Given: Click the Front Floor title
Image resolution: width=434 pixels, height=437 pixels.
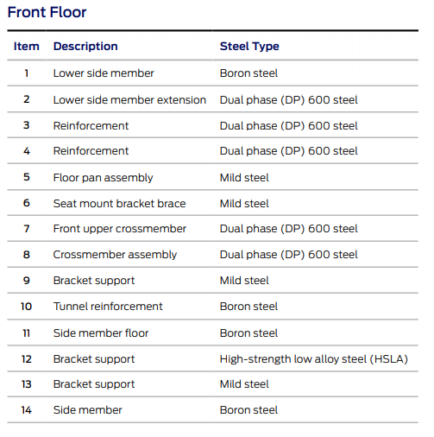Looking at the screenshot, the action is (47, 12).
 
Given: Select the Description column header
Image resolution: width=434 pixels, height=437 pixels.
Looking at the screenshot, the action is (85, 47).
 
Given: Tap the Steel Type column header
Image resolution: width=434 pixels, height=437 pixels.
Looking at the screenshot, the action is (249, 47).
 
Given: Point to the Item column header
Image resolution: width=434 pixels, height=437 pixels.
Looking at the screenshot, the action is (27, 47).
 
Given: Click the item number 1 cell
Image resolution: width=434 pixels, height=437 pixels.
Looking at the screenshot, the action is (27, 73).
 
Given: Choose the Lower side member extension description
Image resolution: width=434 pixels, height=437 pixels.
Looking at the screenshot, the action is (129, 100).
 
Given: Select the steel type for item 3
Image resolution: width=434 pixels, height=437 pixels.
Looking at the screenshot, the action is (288, 126).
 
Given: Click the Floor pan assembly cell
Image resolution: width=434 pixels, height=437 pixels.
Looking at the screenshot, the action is (103, 178).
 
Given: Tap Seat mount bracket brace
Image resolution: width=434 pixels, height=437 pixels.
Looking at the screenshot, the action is (119, 204).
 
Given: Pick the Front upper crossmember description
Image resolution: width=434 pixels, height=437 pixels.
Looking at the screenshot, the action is (120, 229).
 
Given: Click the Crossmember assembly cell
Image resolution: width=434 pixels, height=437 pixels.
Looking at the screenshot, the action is (115, 255).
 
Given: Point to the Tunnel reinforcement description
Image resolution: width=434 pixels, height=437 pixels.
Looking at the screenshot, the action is (108, 307).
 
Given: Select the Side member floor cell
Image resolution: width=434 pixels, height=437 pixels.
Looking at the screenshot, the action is (101, 333).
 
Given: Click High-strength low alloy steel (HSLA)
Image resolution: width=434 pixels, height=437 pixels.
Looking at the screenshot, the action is (314, 359).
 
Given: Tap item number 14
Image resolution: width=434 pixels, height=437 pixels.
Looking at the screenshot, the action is (27, 410).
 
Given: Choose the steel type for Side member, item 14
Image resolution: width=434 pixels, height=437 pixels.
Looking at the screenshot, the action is (248, 410).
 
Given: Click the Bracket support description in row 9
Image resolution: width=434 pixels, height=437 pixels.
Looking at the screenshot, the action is (94, 281).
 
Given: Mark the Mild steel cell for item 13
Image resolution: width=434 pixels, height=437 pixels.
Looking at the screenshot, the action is (244, 384).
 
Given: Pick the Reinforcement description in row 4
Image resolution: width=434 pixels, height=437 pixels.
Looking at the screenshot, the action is (91, 151).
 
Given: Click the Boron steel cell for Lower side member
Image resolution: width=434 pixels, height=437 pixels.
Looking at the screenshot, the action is (248, 73).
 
